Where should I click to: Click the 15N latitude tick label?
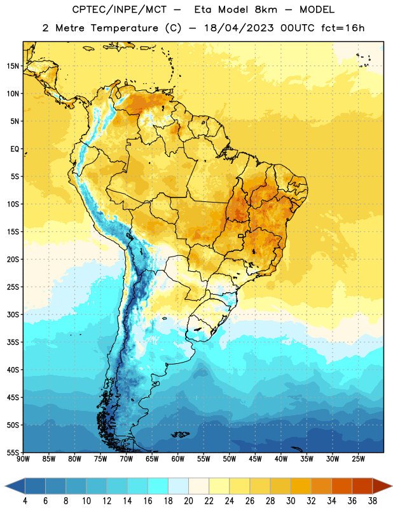(x=13, y=66)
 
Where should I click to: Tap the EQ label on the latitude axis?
(x=15, y=149)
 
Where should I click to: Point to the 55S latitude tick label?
(x=13, y=452)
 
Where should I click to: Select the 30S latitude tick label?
(x=13, y=314)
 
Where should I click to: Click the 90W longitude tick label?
(x=23, y=458)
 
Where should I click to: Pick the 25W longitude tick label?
(x=358, y=458)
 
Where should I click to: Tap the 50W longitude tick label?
(x=230, y=458)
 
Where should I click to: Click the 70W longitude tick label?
(x=127, y=458)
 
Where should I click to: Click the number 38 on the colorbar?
(x=373, y=501)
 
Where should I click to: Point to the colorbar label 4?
(x=25, y=501)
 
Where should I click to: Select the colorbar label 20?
(x=188, y=501)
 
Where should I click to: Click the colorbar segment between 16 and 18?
(x=158, y=486)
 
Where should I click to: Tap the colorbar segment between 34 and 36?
(x=342, y=486)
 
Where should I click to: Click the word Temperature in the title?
(x=124, y=28)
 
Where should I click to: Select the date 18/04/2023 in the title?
(x=239, y=28)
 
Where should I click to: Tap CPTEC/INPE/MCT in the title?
(x=120, y=10)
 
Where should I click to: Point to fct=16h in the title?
(x=343, y=28)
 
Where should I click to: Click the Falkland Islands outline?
(x=181, y=434)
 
